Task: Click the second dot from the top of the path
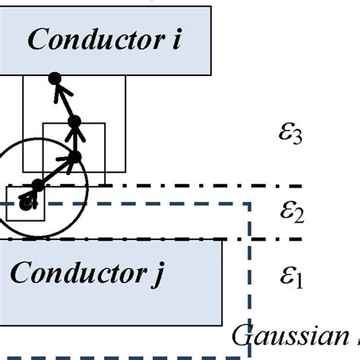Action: (x=74, y=122)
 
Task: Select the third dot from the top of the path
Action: (x=75, y=157)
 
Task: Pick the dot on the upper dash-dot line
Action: (x=37, y=185)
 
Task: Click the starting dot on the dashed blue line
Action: (x=27, y=203)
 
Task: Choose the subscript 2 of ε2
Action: (x=298, y=216)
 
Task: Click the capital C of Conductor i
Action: (x=36, y=40)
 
